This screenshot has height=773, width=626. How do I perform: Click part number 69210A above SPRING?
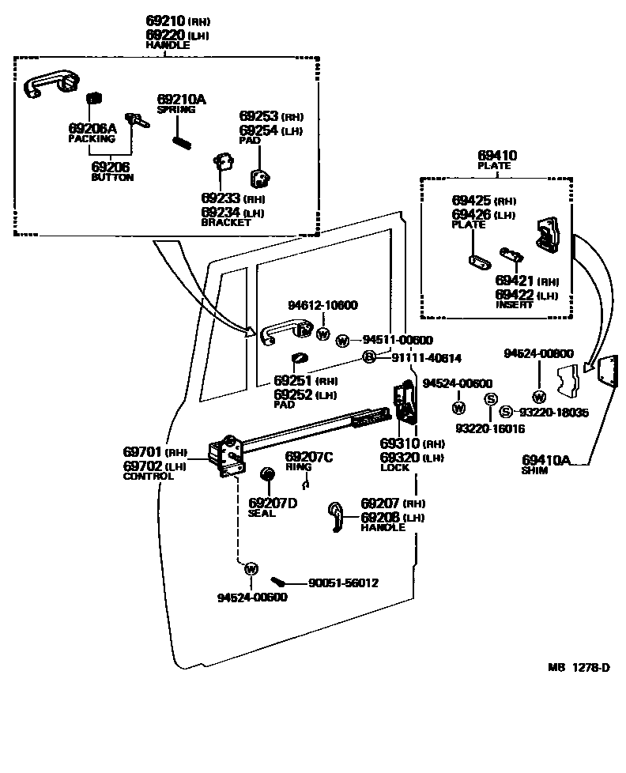(181, 99)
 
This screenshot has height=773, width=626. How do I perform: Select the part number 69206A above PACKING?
(92, 128)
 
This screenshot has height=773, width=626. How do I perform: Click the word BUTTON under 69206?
(113, 178)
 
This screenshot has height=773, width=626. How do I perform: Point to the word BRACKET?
(226, 223)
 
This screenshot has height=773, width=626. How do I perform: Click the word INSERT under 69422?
(515, 305)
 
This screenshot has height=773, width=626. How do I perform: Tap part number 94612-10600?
(322, 306)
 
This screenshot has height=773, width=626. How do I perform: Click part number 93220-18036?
(555, 412)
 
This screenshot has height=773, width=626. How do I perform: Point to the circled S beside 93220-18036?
(505, 412)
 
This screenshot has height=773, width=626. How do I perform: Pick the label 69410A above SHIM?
(545, 460)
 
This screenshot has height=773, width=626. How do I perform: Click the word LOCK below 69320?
(395, 468)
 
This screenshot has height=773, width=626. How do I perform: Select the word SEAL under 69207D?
(262, 513)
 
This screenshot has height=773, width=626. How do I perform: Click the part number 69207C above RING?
(309, 457)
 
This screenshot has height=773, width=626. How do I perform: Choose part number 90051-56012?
(343, 583)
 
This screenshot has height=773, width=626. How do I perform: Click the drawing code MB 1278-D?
(580, 668)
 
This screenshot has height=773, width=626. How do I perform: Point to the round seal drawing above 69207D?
(267, 474)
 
